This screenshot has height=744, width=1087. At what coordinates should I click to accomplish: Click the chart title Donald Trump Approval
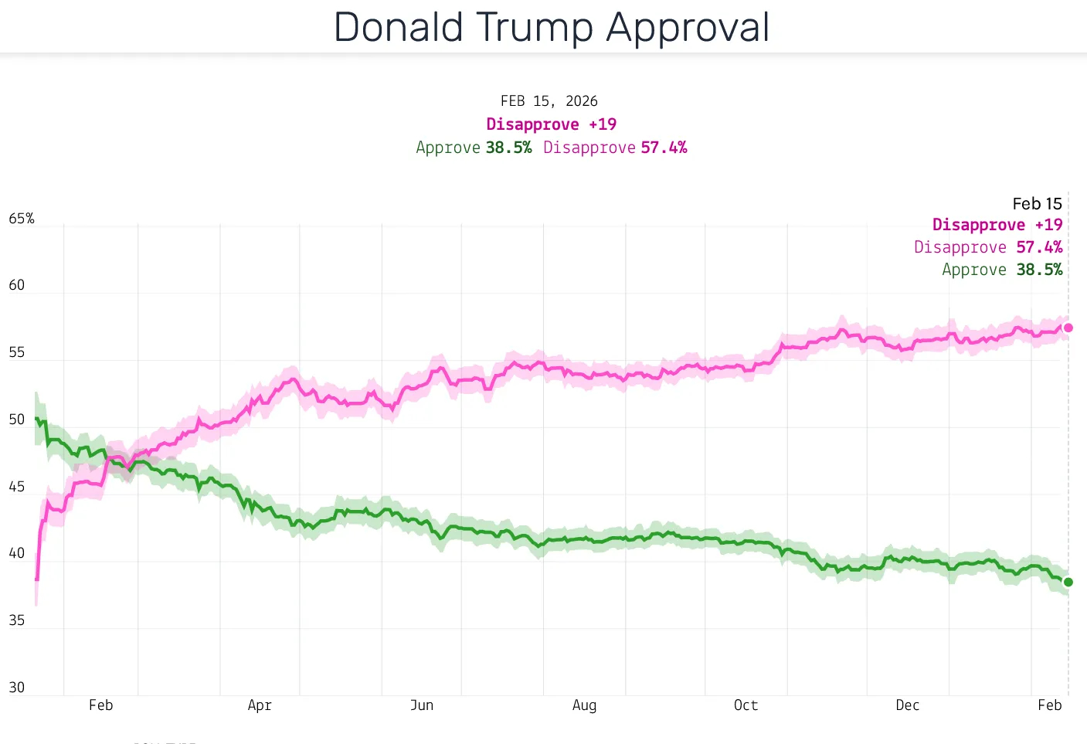tap(551, 28)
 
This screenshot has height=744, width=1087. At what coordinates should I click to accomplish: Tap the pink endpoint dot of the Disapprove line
tap(1068, 328)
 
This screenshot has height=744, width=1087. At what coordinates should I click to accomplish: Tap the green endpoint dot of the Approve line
tap(1068, 583)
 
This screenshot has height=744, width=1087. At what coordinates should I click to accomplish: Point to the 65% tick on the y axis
tap(22, 219)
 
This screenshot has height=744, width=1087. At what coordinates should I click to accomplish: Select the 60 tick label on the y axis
tap(17, 285)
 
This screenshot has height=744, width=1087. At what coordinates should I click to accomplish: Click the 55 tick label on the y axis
tap(17, 352)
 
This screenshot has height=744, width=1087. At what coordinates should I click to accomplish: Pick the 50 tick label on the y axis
tap(17, 420)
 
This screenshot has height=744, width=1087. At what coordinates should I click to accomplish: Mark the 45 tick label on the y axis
tap(17, 487)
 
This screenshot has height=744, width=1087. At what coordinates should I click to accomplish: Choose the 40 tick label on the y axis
tap(17, 553)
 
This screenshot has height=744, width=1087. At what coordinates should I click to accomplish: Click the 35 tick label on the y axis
tap(17, 620)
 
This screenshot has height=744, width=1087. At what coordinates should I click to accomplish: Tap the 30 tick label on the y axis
tap(17, 688)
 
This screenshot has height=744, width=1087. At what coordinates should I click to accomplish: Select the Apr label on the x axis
tap(260, 705)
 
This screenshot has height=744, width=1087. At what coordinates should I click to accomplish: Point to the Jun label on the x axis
tap(422, 705)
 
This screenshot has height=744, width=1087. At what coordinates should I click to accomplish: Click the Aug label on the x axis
tap(584, 705)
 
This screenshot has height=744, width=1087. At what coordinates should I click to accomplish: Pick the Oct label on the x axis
tap(746, 705)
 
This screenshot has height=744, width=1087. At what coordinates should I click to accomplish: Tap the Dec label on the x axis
tap(908, 705)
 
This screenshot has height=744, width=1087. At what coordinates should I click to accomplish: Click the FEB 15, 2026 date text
tap(549, 101)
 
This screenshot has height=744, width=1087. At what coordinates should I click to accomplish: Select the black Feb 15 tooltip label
tap(1037, 204)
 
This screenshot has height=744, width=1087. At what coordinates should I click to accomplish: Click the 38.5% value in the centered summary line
tap(508, 148)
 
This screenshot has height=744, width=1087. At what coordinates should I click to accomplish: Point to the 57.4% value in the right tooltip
tap(1039, 247)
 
